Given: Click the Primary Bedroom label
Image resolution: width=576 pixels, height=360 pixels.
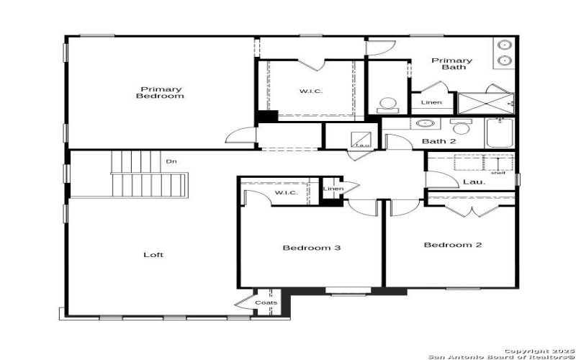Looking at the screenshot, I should pos(160,92).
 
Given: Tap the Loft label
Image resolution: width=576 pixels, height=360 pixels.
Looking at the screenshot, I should pos(153,254).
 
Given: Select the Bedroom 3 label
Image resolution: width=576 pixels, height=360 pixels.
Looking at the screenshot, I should pos(311,248).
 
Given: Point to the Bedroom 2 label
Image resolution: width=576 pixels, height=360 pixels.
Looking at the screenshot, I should pos(452,245).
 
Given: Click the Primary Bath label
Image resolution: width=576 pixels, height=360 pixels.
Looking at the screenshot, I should pos(452,63).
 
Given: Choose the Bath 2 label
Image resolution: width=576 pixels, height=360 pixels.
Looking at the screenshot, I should pos(438,141).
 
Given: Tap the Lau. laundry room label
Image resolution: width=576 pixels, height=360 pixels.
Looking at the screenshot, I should pos(473,182).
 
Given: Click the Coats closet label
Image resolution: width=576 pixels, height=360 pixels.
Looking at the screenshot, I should pos(266,303).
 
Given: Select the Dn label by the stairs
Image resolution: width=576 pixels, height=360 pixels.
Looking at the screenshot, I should pos(171,161).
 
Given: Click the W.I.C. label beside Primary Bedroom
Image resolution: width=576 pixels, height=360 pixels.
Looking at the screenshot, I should pos(311,91).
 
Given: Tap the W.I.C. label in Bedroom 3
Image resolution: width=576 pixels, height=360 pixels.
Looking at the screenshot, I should pos(287,193).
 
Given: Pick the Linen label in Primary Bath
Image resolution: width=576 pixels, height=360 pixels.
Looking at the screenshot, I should pos(431,102).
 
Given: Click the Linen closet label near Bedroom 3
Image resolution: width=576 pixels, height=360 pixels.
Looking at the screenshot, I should pos(333,189).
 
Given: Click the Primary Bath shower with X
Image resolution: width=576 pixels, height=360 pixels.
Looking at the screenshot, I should pos(485,103).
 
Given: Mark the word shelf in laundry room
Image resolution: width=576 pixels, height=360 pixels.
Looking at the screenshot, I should pos(498,173).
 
